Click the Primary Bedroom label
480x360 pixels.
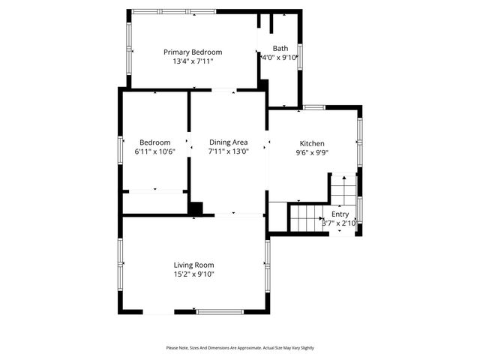pos(193,52)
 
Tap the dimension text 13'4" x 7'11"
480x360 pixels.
pos(193,61)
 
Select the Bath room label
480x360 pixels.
pos(280,48)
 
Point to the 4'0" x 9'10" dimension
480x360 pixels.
pos(280,57)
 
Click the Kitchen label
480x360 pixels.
pos(312,143)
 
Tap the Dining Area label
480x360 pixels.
pos(228,142)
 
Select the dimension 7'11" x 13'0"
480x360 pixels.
pos(228,151)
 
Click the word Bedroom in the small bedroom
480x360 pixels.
pos(154,142)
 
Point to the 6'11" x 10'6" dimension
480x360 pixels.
pos(154,151)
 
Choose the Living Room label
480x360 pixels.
pos(194,265)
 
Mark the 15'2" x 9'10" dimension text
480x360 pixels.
pos(194,274)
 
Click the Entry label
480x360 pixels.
pos(340,214)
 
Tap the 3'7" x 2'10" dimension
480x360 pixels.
pos(339,223)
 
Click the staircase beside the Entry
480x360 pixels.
pos(305,217)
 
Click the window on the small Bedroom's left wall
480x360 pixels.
pos(120,148)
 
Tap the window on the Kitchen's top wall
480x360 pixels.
pos(314,107)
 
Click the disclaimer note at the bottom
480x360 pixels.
pos(240,348)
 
